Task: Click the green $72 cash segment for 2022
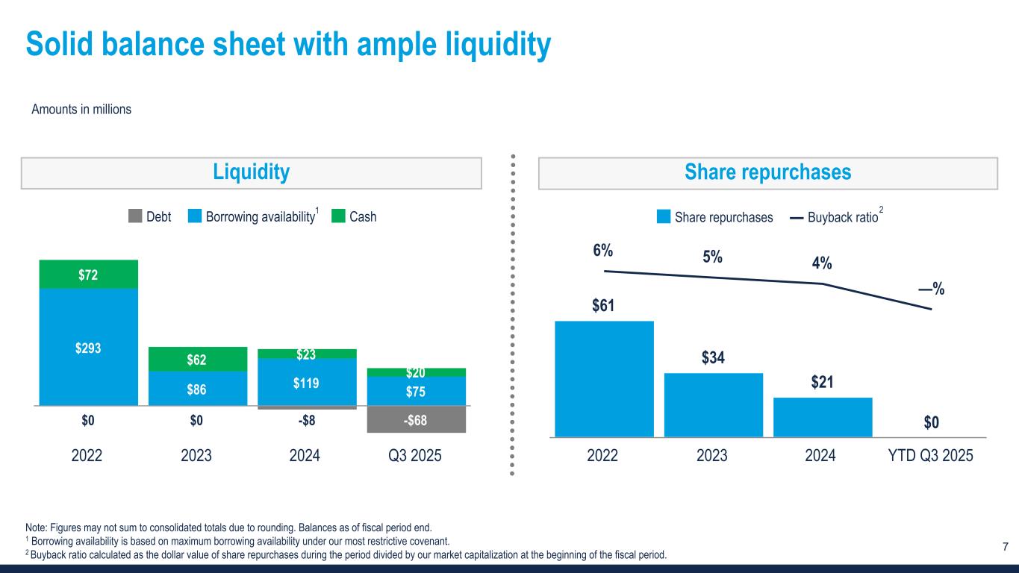(x=88, y=275)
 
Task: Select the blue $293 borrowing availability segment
(x=88, y=347)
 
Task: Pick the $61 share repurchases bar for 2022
(x=604, y=378)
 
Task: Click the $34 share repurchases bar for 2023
(x=713, y=404)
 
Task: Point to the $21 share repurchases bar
(x=823, y=416)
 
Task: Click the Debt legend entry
(x=149, y=217)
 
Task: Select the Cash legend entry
(x=354, y=217)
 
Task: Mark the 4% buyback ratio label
(x=822, y=264)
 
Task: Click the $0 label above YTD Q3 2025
(x=931, y=423)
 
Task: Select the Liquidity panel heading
(x=251, y=172)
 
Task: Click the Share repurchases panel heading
(x=768, y=172)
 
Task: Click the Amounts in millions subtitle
(x=81, y=110)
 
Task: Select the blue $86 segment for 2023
(x=197, y=388)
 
